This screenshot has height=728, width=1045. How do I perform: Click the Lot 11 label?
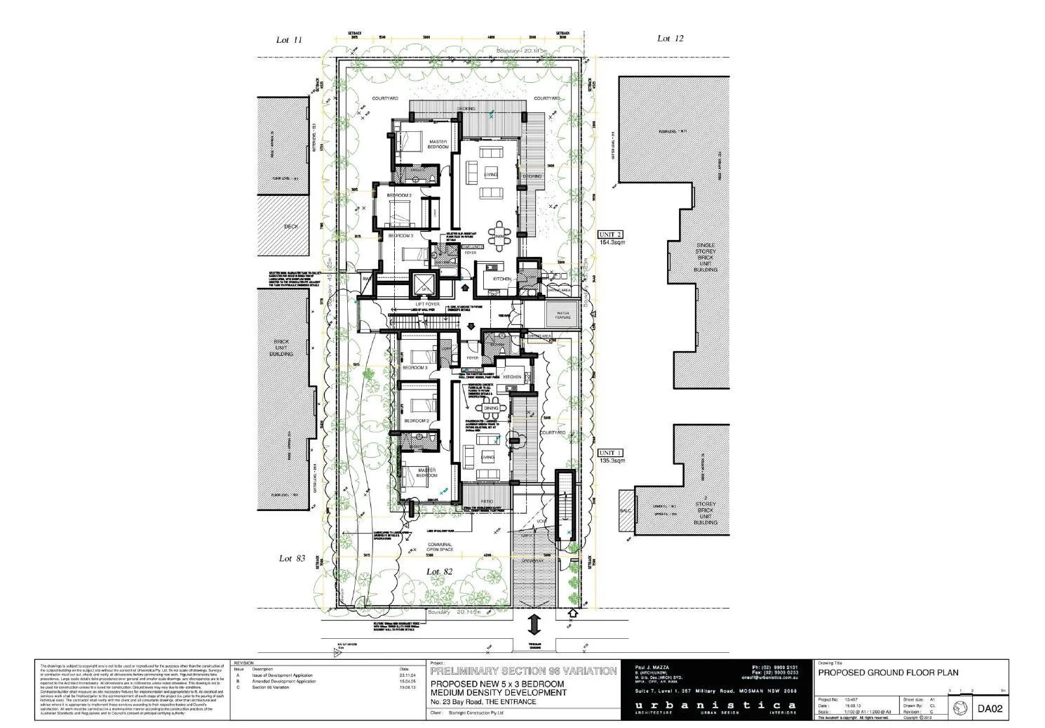point(289,40)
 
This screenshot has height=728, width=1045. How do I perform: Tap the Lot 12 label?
point(669,39)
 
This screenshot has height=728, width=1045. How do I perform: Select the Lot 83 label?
point(292,558)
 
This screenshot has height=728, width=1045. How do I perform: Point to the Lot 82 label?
point(440,571)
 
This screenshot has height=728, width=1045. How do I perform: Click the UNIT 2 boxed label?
point(610,234)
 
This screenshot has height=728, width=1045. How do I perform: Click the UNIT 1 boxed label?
point(610,454)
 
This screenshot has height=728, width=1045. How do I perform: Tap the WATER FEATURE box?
point(563,315)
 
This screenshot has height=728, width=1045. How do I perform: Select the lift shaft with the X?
point(423,284)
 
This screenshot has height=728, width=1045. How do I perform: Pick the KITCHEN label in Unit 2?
point(502,279)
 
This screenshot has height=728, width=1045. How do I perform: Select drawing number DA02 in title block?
point(991,709)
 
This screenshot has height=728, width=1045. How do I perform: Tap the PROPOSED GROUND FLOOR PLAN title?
point(888,673)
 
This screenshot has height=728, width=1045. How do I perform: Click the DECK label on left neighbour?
point(291,227)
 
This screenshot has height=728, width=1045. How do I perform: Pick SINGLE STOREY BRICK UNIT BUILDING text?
point(706,256)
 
